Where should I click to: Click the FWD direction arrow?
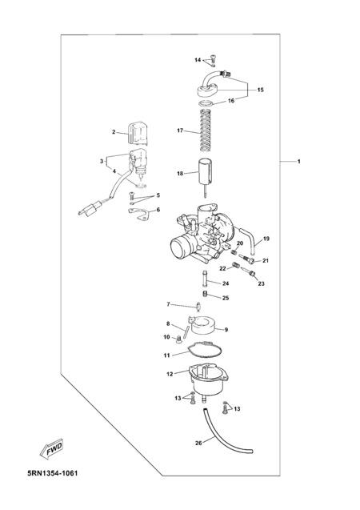pos(51,450)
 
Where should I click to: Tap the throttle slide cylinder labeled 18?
pos(206,175)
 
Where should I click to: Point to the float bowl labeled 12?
pos(205,383)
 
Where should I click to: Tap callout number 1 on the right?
pos(299,162)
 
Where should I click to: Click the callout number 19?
pos(266,239)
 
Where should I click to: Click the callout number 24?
pos(226,283)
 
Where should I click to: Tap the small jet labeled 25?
pos(205,294)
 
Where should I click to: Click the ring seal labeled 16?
pos(206,104)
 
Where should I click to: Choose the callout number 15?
pos(261,90)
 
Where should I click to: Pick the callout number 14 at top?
pos(198,60)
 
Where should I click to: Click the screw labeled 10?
pos(179,340)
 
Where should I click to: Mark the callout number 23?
pos(262,283)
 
